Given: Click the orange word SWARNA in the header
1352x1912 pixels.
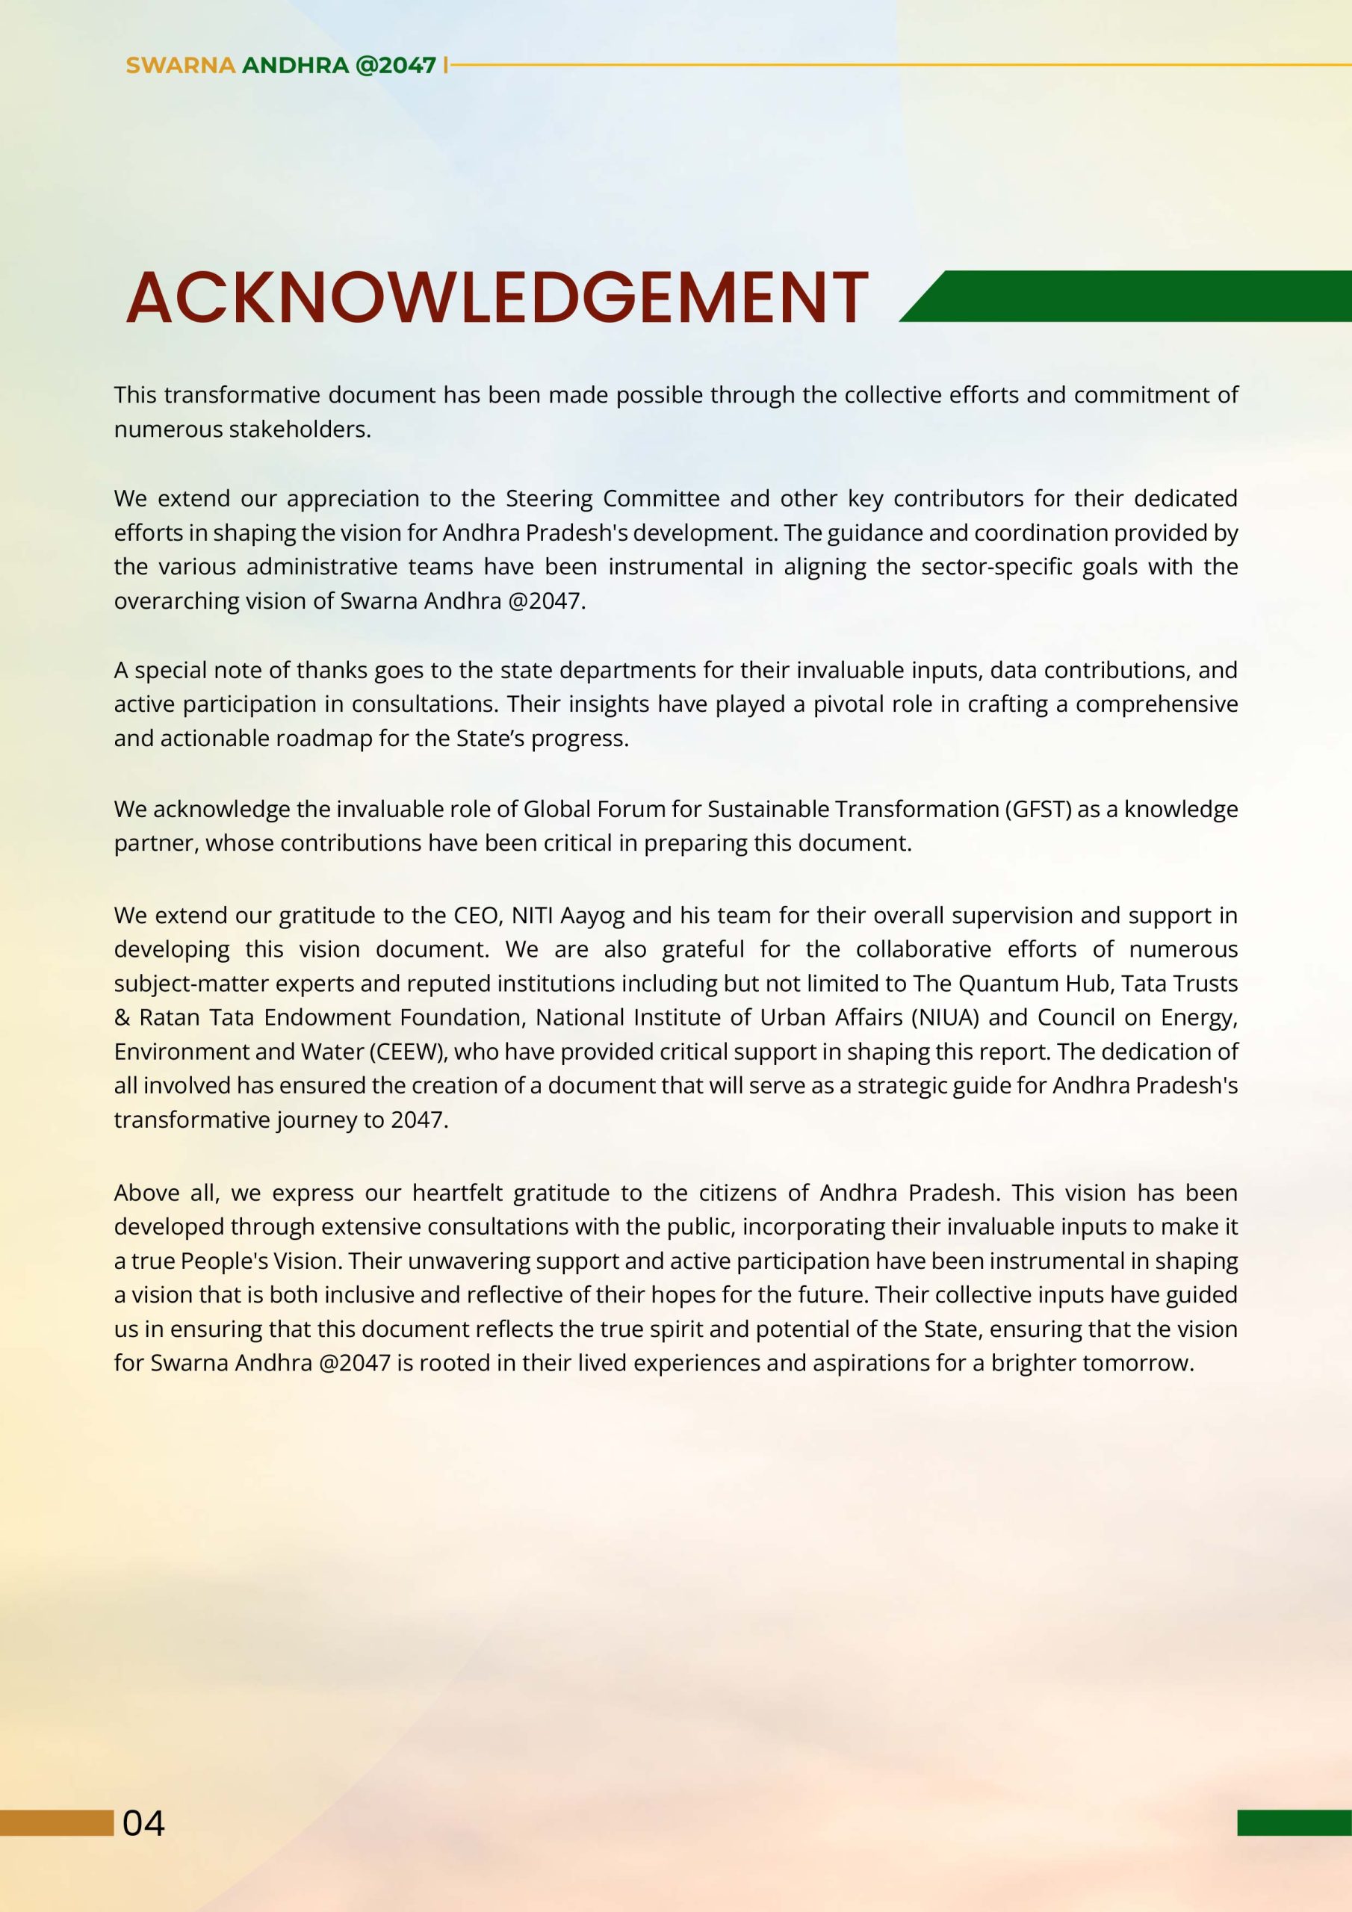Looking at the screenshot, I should (x=180, y=65).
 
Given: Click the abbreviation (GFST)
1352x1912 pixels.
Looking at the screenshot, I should (x=1038, y=809).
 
